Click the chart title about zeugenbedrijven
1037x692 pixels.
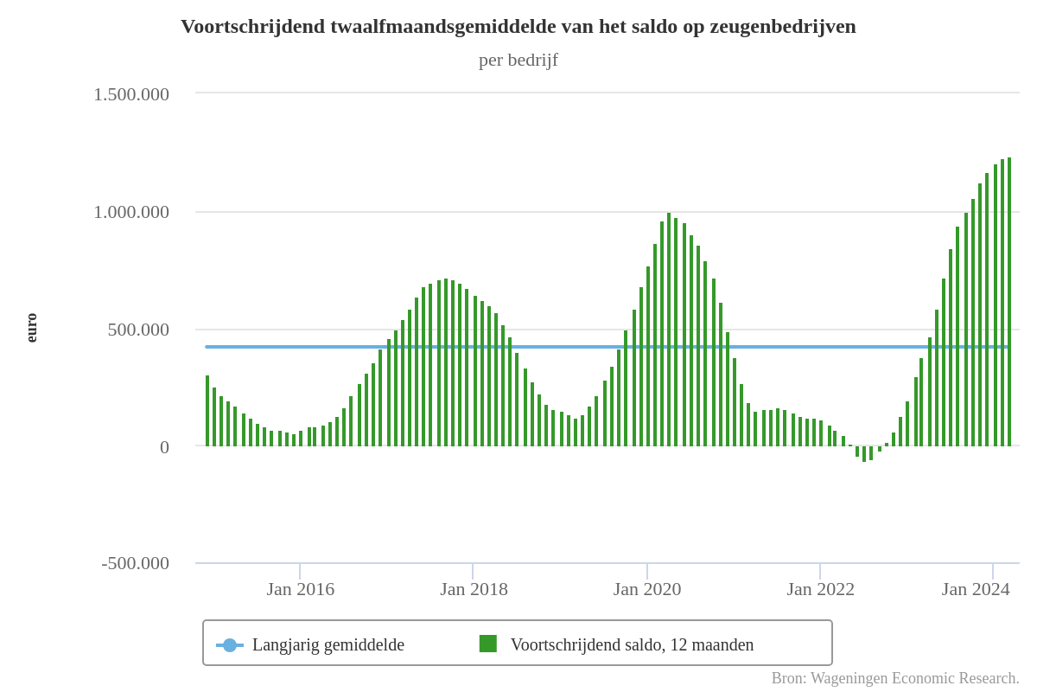(518, 27)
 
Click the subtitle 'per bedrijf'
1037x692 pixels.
(518, 60)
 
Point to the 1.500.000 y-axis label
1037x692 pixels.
(131, 94)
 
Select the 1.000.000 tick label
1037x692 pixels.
(131, 212)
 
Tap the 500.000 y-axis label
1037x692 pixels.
(138, 330)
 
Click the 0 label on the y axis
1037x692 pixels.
(164, 447)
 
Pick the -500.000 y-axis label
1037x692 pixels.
(136, 563)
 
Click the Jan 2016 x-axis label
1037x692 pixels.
(300, 589)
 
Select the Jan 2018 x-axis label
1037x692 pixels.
(474, 589)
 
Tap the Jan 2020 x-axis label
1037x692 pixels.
(647, 589)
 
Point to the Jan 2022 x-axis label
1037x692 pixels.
(820, 589)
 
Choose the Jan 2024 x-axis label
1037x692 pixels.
(976, 589)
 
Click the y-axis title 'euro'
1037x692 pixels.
(32, 328)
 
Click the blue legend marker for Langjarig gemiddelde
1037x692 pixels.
(230, 645)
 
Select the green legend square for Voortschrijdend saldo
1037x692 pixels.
(488, 644)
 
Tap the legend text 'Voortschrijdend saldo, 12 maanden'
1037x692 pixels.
(632, 644)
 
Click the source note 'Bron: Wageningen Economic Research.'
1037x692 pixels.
(895, 678)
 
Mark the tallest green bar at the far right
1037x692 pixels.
(1008, 303)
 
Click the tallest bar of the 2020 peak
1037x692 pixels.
(669, 329)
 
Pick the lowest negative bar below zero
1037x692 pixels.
(863, 454)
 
